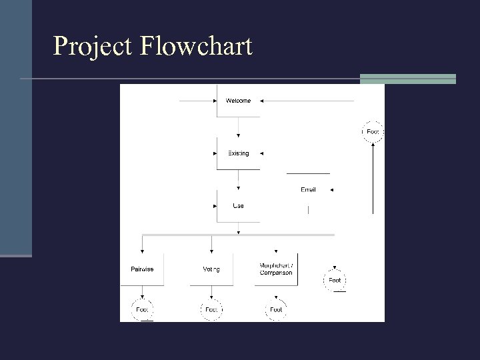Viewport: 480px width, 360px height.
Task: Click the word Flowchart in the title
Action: coord(197,46)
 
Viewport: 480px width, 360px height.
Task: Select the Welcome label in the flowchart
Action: coord(238,101)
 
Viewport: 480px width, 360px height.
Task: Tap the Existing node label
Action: coord(238,153)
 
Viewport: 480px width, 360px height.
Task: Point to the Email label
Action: coord(308,190)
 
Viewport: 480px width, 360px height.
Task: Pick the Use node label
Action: coord(238,205)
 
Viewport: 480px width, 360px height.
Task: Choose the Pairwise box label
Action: coord(142,269)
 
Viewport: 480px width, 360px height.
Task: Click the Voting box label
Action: coord(211,269)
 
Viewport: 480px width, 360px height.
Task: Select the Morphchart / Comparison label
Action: coord(276,269)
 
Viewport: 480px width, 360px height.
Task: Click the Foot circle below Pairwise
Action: coord(142,309)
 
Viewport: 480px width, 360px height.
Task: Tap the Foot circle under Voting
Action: coord(211,309)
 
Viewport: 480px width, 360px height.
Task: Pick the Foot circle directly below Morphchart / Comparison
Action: coord(276,309)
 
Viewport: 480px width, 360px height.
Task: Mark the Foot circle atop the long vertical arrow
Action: coord(373,132)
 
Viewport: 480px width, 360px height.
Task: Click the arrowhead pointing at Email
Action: coord(331,190)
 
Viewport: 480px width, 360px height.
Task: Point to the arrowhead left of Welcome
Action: coord(215,101)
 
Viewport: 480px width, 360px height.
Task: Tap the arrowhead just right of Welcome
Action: coord(261,101)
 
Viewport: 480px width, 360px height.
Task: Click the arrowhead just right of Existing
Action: coord(261,153)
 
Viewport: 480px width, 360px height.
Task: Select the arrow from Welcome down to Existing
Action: coord(239,127)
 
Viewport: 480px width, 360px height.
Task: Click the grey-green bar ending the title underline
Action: coord(407,79)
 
